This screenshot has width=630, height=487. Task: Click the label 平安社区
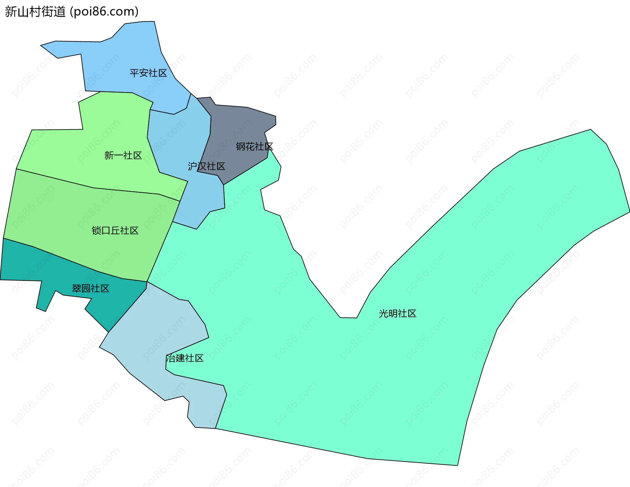(x=148, y=73)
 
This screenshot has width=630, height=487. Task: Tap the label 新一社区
(x=123, y=155)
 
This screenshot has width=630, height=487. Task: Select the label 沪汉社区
(x=206, y=166)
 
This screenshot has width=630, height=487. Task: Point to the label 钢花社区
(x=254, y=146)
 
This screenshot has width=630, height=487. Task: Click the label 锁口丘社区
(x=115, y=231)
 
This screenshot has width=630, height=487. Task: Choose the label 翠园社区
(x=91, y=289)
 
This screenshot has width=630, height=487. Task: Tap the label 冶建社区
(x=185, y=358)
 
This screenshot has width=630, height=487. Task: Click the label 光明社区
(x=397, y=314)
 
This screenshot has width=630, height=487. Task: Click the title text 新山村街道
(x=35, y=12)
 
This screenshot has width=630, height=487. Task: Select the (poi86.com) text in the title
(x=104, y=12)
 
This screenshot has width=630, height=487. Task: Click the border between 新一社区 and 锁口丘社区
(x=94, y=188)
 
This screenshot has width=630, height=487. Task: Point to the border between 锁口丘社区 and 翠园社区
(x=66, y=259)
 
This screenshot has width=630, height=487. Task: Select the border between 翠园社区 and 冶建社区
(x=128, y=310)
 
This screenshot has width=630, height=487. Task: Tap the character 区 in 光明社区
(x=411, y=314)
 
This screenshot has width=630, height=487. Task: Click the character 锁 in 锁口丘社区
(x=96, y=231)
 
